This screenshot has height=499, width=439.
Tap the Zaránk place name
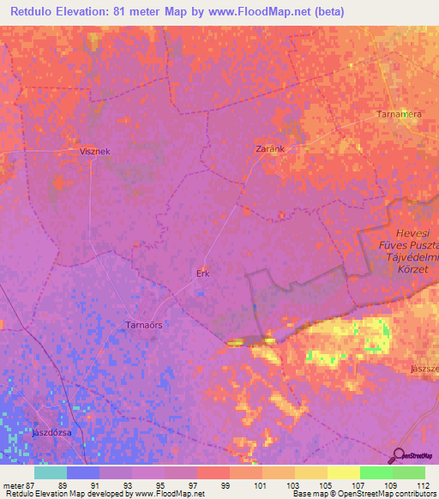tap(270, 148)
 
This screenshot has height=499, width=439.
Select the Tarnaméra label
tap(397, 114)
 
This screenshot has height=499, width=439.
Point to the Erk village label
tap(203, 274)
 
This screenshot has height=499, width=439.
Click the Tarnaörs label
tap(144, 325)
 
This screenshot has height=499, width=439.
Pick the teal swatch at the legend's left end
tap(50, 472)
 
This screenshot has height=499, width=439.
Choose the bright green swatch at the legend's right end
tap(409, 472)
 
